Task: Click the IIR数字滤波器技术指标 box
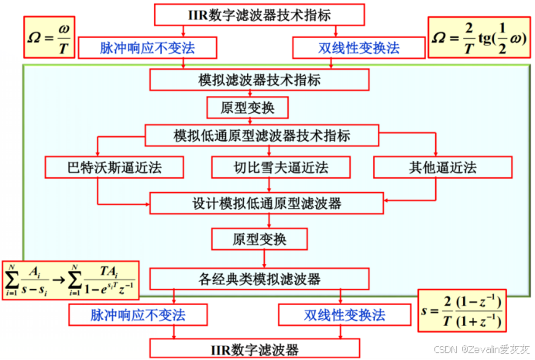coord(259,14)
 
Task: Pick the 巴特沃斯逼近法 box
coord(115,167)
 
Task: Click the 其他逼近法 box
coord(442,167)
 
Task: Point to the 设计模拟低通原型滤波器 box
coord(266,204)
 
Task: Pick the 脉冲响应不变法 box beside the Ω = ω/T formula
coord(147,48)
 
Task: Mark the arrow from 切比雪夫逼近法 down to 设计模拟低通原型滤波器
coord(270,185)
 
